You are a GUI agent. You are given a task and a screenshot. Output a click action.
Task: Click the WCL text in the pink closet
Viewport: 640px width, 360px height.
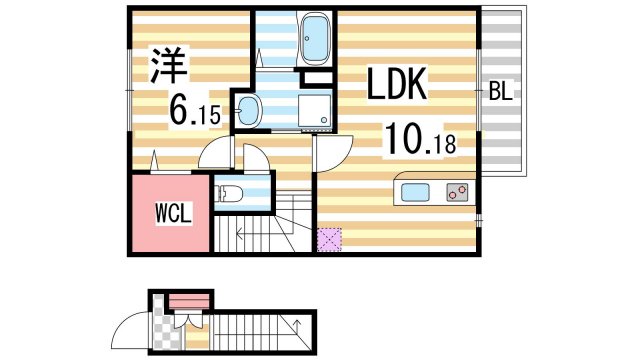point(172,214)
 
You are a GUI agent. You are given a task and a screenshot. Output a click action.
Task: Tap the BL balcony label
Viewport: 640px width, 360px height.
point(500,92)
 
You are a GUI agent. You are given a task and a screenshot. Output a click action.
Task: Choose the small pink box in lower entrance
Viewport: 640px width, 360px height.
point(188,300)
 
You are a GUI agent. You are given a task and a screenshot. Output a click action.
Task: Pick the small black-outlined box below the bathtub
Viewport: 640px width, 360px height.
point(317,77)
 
